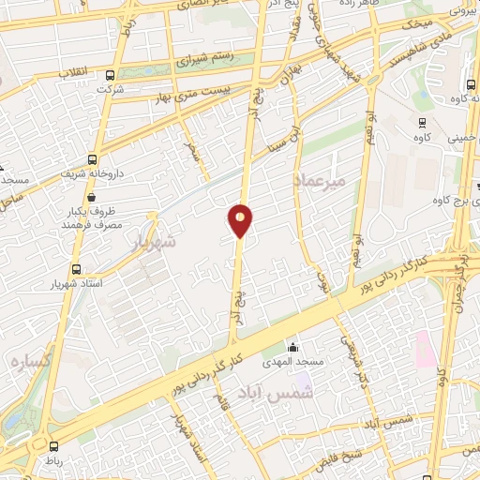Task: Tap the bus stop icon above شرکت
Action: pyautogui.click(x=111, y=76)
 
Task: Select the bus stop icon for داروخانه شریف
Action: pyautogui.click(x=92, y=159)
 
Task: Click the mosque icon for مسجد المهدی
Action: pyautogui.click(x=292, y=347)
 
